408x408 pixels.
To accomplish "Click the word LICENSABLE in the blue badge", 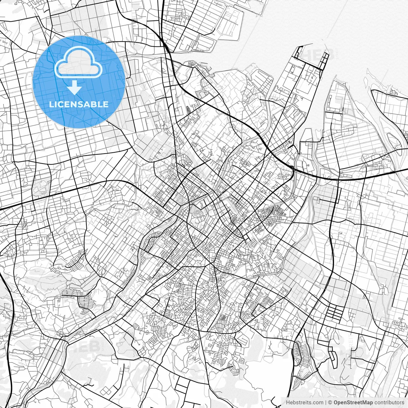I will coord(79,104).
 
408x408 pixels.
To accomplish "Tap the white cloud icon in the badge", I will coord(79,62).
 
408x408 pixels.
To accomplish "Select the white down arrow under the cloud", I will coord(74,87).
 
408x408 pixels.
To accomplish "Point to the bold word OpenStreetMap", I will coord(353,403).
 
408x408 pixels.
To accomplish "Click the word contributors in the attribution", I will coord(389,403).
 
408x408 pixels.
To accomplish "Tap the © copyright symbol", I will coord(330,403).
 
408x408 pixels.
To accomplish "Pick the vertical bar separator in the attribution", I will coord(326,403).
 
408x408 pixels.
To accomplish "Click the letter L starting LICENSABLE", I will coord(51,105).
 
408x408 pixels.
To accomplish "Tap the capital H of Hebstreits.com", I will coord(288,403).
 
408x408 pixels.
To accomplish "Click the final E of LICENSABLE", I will coord(106,105).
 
